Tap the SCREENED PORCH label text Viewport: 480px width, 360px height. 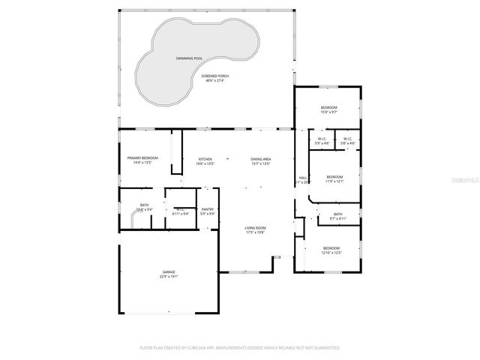click(215, 76)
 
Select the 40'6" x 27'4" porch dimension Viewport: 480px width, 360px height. click(215, 80)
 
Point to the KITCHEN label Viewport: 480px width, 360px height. click(205, 159)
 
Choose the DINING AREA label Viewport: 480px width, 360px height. click(260, 159)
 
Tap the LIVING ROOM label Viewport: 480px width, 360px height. click(256, 228)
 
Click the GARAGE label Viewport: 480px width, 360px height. click(169, 272)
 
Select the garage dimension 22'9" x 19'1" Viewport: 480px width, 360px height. click(169, 277)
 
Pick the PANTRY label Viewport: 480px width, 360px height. click(208, 209)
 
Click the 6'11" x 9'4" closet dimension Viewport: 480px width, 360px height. click(180, 214)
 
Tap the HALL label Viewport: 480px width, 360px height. click(303, 177)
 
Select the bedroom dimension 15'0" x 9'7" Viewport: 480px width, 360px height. click(329, 112)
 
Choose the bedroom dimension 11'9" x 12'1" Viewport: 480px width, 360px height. click(334, 181)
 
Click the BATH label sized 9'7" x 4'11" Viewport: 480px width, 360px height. click(338, 214)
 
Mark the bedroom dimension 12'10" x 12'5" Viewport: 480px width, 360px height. click(331, 253)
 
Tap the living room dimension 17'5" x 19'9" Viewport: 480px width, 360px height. click(256, 232)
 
